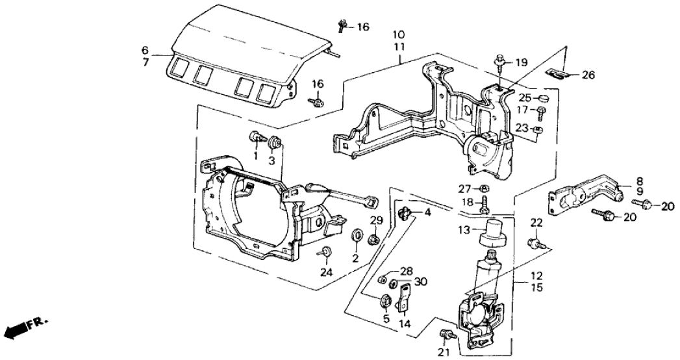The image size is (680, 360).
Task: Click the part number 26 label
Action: pyautogui.click(x=588, y=75)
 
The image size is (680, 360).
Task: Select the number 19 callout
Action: pyautogui.click(x=522, y=62)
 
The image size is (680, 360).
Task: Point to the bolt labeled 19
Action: pyautogui.click(x=499, y=62)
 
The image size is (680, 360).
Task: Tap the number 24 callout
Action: pyautogui.click(x=326, y=272)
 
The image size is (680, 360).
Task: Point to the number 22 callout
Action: pyautogui.click(x=535, y=223)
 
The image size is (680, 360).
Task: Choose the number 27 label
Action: pyautogui.click(x=464, y=189)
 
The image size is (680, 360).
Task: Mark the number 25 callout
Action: pyautogui.click(x=525, y=98)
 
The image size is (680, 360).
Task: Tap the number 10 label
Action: pyautogui.click(x=398, y=34)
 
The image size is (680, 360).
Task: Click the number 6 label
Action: pyautogui.click(x=145, y=50)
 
